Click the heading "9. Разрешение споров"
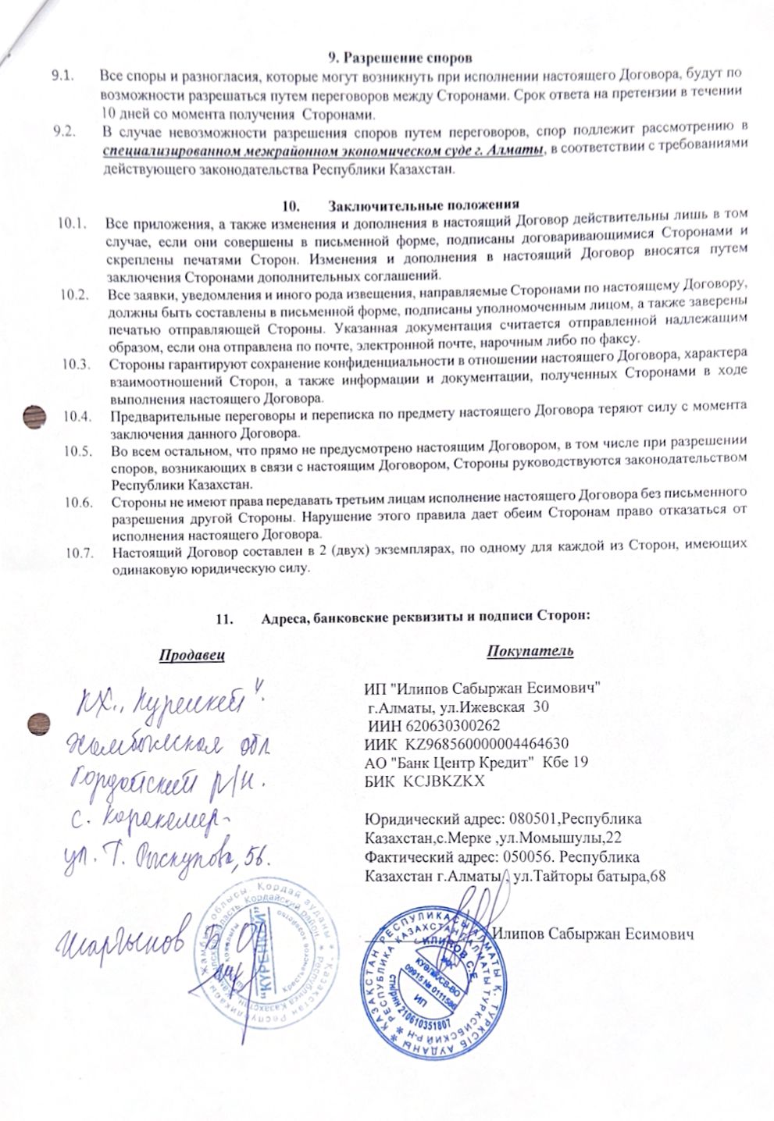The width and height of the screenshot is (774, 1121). (x=399, y=57)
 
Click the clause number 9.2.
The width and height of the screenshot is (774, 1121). (x=62, y=129)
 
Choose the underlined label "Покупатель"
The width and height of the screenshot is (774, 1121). (x=530, y=650)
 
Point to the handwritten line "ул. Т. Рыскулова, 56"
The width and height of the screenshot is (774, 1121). (x=167, y=857)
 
